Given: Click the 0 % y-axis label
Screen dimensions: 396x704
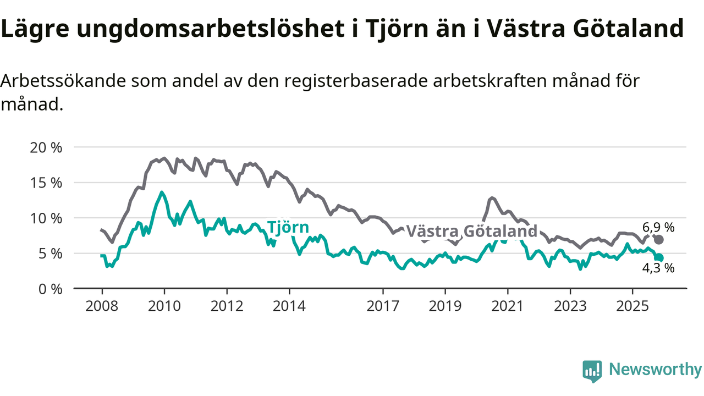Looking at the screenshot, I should click(48, 288).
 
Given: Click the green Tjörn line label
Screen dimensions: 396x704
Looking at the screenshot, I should click(288, 227).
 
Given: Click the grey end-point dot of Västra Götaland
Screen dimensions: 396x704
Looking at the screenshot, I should click(659, 240).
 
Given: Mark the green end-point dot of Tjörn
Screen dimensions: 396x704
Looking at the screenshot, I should click(659, 258).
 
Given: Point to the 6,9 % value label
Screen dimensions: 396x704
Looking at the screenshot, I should click(658, 227).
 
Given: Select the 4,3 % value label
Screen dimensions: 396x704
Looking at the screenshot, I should click(658, 269).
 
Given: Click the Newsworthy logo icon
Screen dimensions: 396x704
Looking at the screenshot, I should click(592, 371).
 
